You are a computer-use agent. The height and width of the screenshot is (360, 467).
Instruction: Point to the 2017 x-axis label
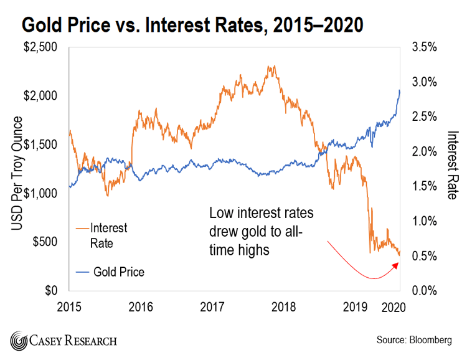pos(212,307)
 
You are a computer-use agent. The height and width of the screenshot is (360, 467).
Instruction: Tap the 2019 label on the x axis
pos(356,307)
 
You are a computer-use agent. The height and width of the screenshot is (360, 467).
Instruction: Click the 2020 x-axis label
pos(394,307)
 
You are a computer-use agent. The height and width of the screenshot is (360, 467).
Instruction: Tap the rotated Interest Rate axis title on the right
pos(453,164)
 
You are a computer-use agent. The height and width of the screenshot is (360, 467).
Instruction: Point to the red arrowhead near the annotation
pos(396,265)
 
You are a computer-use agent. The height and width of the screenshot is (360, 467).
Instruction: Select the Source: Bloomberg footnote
pos(415,340)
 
